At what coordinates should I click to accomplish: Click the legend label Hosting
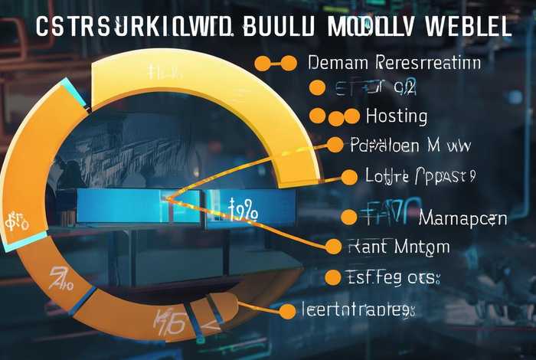pyautogui.click(x=397, y=116)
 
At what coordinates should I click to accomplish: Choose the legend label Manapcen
pyautogui.click(x=462, y=218)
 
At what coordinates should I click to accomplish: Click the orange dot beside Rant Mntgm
pyautogui.click(x=333, y=246)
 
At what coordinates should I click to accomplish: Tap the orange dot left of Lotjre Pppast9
pyautogui.click(x=349, y=177)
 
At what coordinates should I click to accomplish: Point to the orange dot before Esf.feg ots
pyautogui.click(x=332, y=277)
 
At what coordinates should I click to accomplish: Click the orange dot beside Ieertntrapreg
pyautogui.click(x=287, y=311)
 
